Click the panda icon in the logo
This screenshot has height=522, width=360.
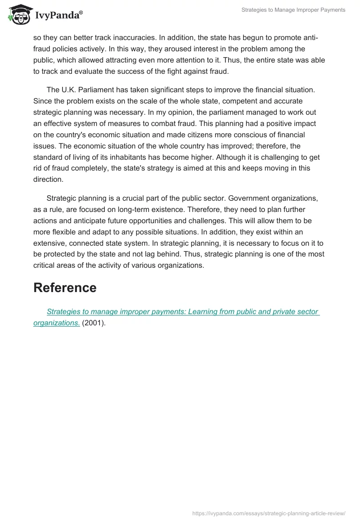18,15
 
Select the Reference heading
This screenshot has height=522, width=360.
65,288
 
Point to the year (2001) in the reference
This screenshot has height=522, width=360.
94,323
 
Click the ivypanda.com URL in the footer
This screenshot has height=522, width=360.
269,513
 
